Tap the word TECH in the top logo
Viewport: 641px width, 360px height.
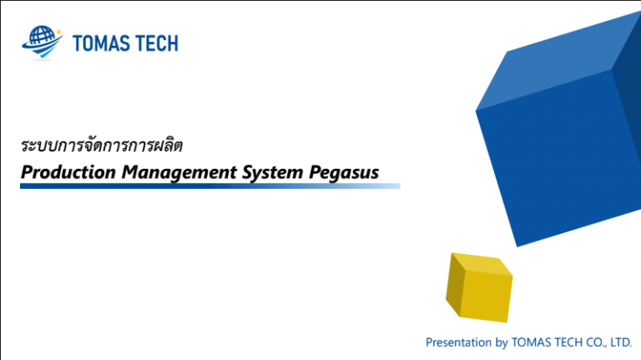pos(157,43)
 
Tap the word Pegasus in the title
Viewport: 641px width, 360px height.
pos(343,172)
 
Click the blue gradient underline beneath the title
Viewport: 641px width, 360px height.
pos(209,186)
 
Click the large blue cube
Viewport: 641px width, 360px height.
pos(551,159)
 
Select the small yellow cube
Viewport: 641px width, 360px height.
pos(478,288)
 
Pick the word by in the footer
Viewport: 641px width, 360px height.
pos(501,342)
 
